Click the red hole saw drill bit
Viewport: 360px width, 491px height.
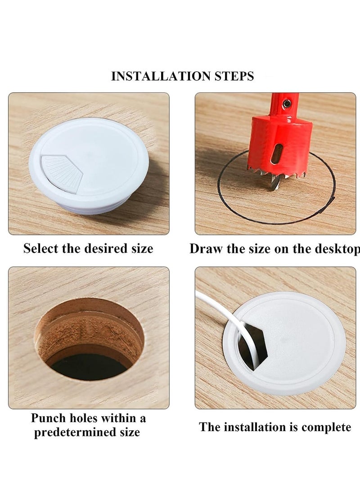click(x=279, y=140)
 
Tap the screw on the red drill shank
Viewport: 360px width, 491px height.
click(x=287, y=104)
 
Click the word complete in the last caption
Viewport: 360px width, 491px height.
click(x=326, y=427)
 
